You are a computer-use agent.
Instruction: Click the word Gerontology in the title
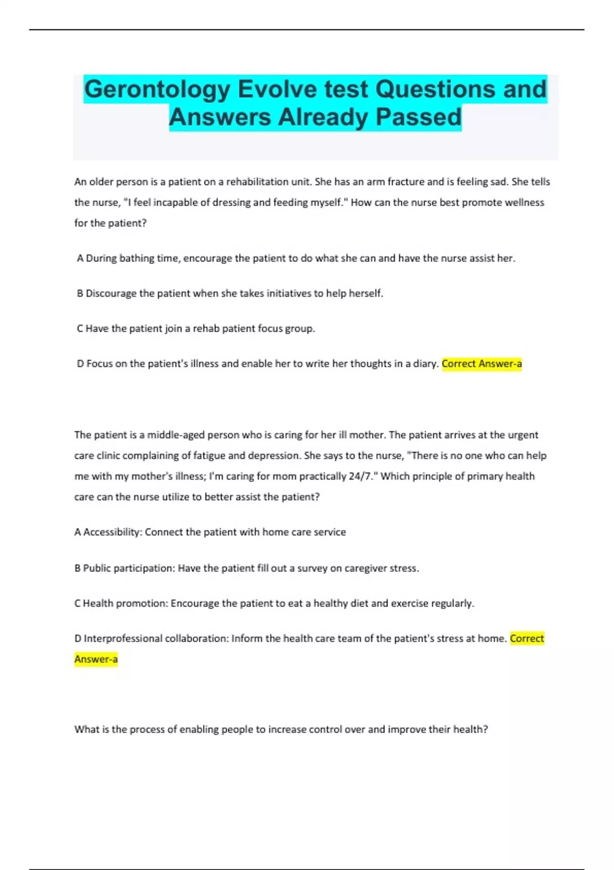tap(157, 90)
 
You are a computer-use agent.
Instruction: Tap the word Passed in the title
tap(419, 117)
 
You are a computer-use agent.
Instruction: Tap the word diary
tap(425, 364)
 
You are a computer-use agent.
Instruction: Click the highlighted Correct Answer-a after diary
tap(481, 364)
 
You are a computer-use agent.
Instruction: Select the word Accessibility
tap(112, 532)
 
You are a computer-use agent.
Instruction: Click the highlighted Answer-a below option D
tap(96, 659)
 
